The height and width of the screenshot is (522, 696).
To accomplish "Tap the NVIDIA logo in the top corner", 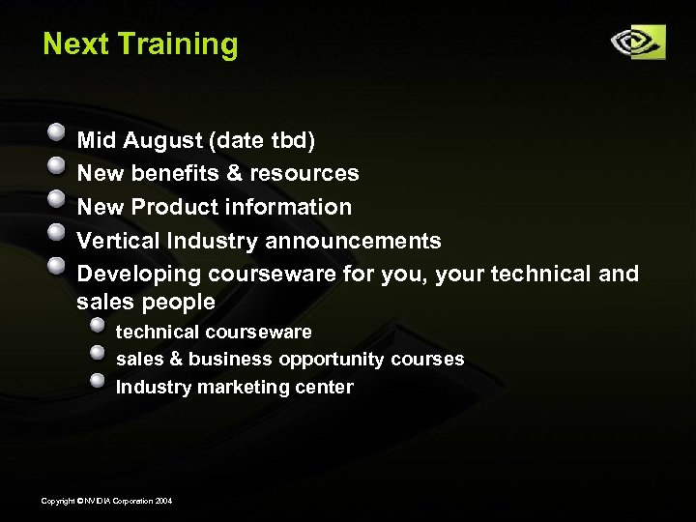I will coord(637,42).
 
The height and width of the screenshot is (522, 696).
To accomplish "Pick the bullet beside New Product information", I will coord(58,199).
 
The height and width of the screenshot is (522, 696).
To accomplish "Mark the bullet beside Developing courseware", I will coord(58,266).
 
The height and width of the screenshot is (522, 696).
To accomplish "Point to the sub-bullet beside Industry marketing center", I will coord(98,380).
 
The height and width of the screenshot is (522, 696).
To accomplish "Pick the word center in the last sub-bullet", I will coord(324,387).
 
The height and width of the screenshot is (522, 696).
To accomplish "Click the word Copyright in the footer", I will coord(57,500).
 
